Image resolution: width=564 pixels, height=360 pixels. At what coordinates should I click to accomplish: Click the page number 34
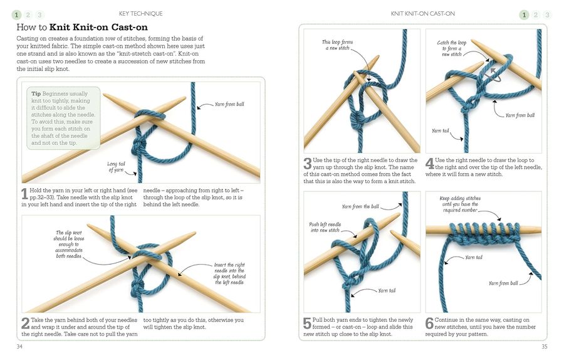pyautogui.click(x=21, y=346)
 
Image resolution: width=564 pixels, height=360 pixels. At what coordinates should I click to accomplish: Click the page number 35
pyautogui.click(x=543, y=346)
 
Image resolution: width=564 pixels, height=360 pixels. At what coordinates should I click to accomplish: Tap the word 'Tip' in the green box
pyautogui.click(x=36, y=93)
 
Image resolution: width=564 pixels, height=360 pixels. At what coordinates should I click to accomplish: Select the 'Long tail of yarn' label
pyautogui.click(x=117, y=167)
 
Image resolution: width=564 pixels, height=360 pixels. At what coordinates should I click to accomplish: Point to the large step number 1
pyautogui.click(x=24, y=194)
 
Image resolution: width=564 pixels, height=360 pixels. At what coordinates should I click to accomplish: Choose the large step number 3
pyautogui.click(x=308, y=165)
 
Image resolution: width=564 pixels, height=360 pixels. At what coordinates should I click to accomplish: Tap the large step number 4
pyautogui.click(x=429, y=165)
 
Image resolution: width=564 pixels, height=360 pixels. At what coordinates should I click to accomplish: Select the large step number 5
pyautogui.click(x=308, y=324)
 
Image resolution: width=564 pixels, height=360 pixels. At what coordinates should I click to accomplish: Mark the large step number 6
pyautogui.click(x=429, y=324)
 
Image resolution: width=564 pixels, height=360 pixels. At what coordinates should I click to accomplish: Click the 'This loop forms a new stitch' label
pyautogui.click(x=337, y=45)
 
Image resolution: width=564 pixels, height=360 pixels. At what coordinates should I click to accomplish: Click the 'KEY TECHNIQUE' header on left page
pyautogui.click(x=140, y=14)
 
